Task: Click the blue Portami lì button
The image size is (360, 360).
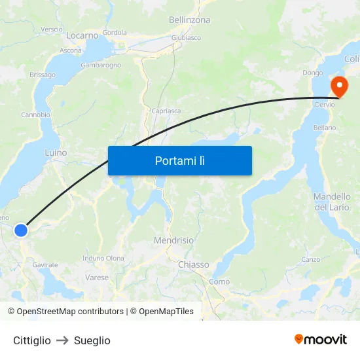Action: point(179,160)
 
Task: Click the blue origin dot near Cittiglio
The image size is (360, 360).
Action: point(21,230)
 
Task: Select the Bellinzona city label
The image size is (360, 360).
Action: point(190,20)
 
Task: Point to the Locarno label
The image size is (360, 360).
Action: point(82,35)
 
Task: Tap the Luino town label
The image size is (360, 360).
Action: point(56,153)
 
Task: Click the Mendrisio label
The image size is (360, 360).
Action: point(173,240)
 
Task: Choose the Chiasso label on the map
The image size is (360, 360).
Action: point(193,264)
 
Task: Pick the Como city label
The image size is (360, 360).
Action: point(219,281)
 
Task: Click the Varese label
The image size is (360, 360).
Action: point(97,278)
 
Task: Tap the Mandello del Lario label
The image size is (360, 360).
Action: point(332,202)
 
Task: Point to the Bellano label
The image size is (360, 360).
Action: point(325,128)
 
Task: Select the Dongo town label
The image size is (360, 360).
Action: point(312,73)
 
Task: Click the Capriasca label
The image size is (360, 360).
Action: point(166,111)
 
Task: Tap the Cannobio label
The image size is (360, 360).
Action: point(35,115)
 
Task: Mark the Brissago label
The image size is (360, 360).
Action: point(43,75)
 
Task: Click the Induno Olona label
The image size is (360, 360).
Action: point(104,259)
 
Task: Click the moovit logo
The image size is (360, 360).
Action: point(321,339)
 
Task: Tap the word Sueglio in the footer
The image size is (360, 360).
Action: point(92,340)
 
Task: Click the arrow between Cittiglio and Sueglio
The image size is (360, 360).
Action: point(62,340)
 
